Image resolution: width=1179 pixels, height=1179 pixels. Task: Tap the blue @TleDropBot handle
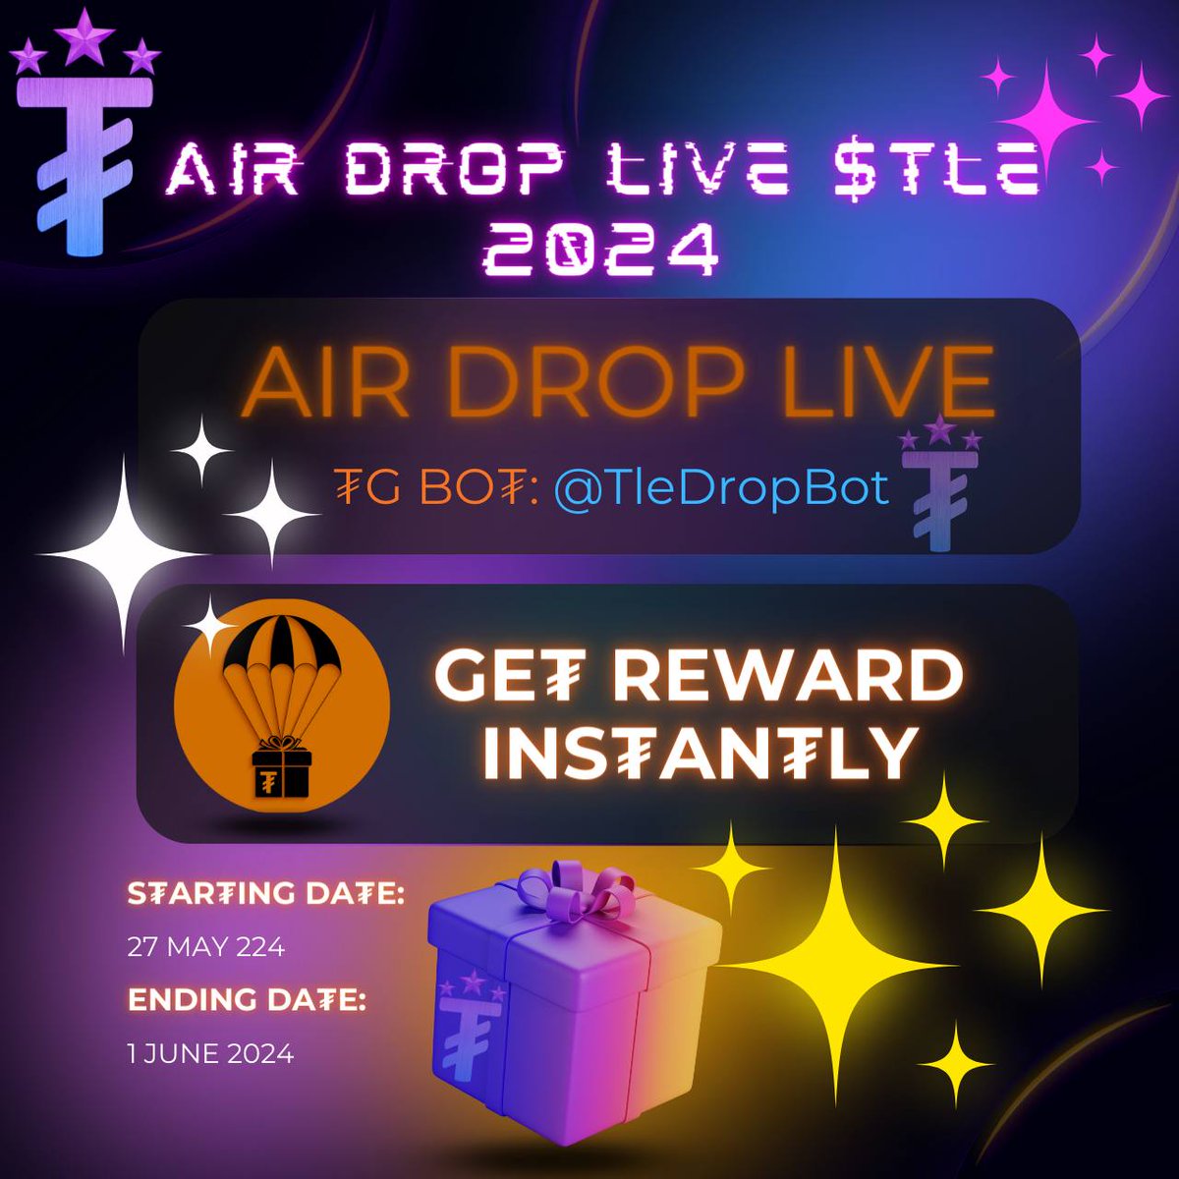pyautogui.click(x=721, y=488)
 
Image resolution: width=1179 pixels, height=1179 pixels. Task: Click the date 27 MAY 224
pyautogui.click(x=206, y=947)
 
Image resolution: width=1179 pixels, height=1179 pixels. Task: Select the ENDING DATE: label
pyautogui.click(x=247, y=1002)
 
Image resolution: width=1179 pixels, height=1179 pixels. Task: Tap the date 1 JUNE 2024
pyautogui.click(x=210, y=1054)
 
